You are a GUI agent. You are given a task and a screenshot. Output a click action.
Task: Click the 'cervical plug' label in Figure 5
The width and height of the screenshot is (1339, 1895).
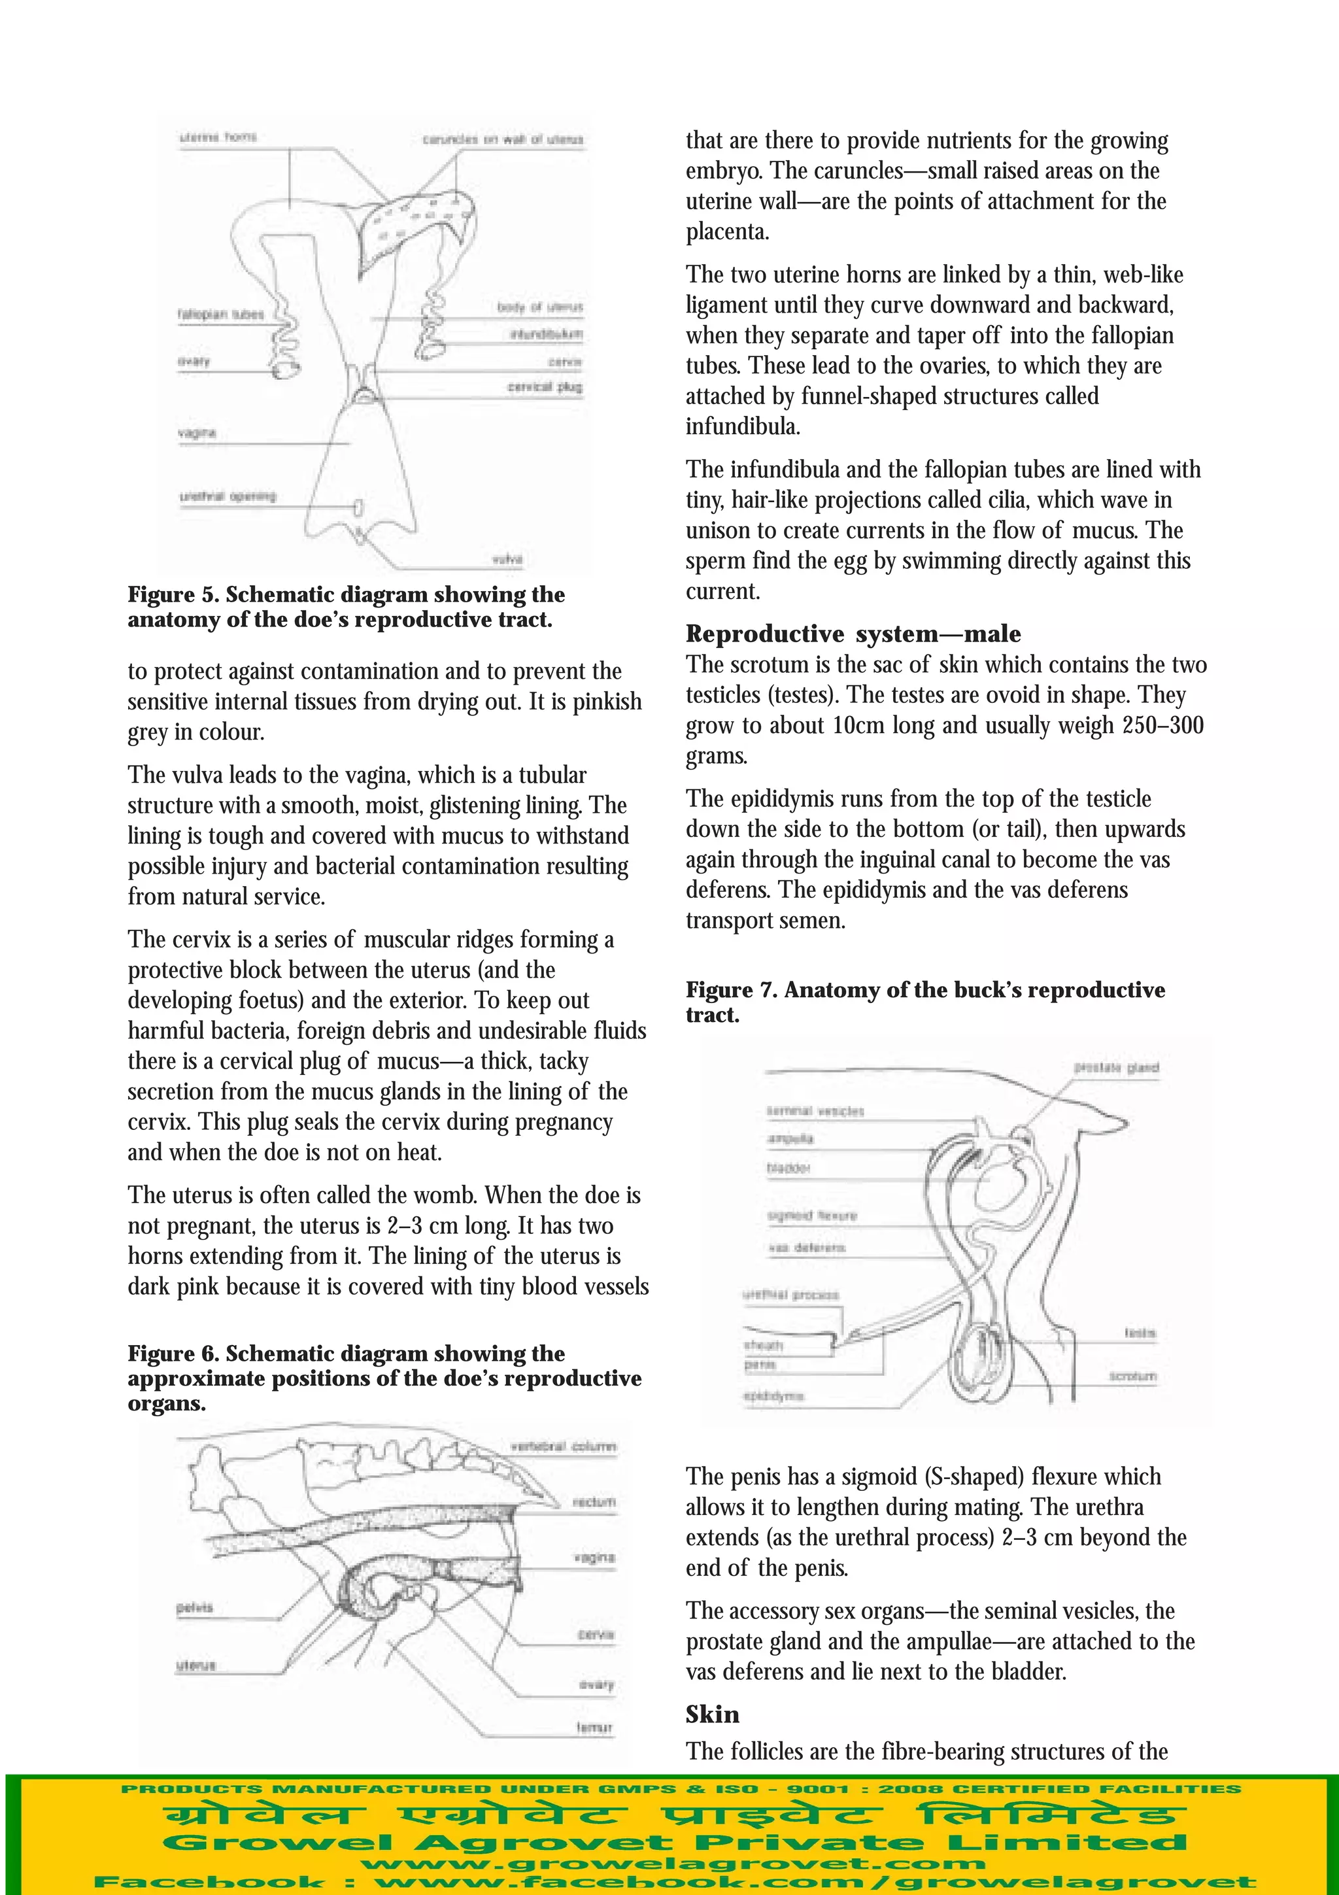click(545, 387)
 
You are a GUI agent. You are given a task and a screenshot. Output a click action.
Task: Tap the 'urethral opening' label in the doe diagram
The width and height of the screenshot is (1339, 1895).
click(228, 496)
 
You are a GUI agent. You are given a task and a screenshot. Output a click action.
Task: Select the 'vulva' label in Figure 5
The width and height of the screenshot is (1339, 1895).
click(507, 559)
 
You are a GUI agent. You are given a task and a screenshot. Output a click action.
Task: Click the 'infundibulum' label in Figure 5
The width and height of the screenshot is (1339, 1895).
click(545, 334)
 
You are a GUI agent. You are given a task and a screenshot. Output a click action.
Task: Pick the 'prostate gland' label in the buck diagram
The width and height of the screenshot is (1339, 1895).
click(1116, 1067)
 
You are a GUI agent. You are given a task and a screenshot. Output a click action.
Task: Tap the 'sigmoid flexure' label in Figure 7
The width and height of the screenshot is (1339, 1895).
click(812, 1216)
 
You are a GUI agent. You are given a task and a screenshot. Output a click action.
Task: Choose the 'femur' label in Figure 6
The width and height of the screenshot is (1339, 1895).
click(594, 1728)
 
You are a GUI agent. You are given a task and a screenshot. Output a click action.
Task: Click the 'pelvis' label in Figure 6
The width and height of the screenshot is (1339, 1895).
click(195, 1607)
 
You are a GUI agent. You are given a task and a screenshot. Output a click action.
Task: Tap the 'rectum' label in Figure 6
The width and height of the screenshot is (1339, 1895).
click(594, 1502)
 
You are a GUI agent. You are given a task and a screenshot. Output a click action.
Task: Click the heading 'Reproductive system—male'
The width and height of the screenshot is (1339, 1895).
click(853, 634)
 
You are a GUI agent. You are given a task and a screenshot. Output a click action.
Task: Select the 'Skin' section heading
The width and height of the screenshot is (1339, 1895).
click(712, 1715)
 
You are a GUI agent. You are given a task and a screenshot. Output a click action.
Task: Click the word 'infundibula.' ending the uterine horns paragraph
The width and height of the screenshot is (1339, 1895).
click(743, 427)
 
